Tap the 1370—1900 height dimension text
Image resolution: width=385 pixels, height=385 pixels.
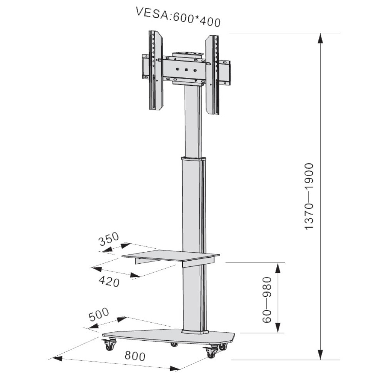[309, 196]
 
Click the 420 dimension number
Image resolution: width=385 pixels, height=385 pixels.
[109, 281]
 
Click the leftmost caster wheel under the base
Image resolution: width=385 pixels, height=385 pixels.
[109, 345]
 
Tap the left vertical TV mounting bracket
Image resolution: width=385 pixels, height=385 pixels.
[156, 70]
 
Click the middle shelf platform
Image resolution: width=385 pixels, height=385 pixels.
[170, 255]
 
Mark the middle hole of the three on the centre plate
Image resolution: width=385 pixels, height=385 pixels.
[186, 70]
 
